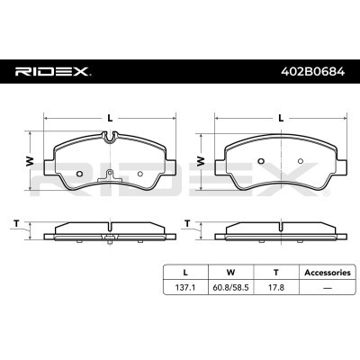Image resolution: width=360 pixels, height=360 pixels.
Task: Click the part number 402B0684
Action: (x=312, y=72)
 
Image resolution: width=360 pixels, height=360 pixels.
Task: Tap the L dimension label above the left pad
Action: (x=111, y=118)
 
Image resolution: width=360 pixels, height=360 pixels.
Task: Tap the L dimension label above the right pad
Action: (x=281, y=118)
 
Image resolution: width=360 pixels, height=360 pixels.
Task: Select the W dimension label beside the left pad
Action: (x=30, y=161)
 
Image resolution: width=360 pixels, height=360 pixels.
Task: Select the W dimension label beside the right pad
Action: (x=201, y=161)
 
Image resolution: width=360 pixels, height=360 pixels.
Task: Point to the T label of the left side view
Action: (x=16, y=223)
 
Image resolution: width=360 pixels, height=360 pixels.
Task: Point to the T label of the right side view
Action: (x=187, y=223)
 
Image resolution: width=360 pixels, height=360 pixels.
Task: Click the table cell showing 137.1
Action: (x=185, y=288)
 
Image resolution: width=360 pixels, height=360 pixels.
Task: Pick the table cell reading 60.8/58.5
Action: (x=230, y=288)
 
